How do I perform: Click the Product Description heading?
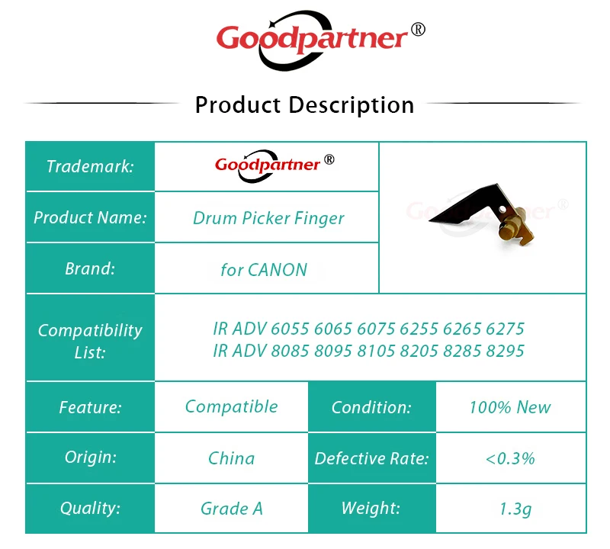click(x=304, y=105)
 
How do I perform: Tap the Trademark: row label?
click(x=90, y=166)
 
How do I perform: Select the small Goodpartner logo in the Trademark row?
click(x=274, y=166)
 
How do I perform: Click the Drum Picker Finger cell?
click(x=268, y=218)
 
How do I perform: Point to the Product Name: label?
click(x=90, y=217)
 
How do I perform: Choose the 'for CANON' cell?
click(x=264, y=270)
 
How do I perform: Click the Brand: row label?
click(x=90, y=268)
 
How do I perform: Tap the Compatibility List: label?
click(x=90, y=342)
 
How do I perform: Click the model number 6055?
click(x=290, y=329)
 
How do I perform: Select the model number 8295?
click(x=505, y=351)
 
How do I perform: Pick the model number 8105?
click(x=376, y=351)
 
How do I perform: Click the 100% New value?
click(x=510, y=407)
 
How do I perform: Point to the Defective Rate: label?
click(x=371, y=458)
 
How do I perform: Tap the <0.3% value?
click(x=510, y=458)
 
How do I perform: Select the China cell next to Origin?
click(x=232, y=458)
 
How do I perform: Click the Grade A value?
click(x=232, y=509)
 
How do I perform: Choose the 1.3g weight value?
click(x=515, y=509)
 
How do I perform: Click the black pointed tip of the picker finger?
click(x=430, y=220)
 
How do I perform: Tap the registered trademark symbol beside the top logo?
click(x=418, y=30)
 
